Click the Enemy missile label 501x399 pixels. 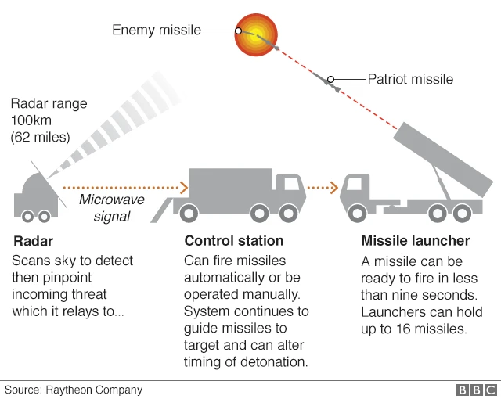[x=157, y=31]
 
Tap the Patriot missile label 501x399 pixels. [x=410, y=79]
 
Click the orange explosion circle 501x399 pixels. [x=257, y=36]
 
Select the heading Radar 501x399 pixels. [x=33, y=241]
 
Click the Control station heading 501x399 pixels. [x=234, y=241]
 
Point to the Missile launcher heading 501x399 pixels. [x=415, y=241]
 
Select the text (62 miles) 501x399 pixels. [x=41, y=138]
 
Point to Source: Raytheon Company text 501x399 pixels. [x=74, y=389]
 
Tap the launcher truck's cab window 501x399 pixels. [x=356, y=185]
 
